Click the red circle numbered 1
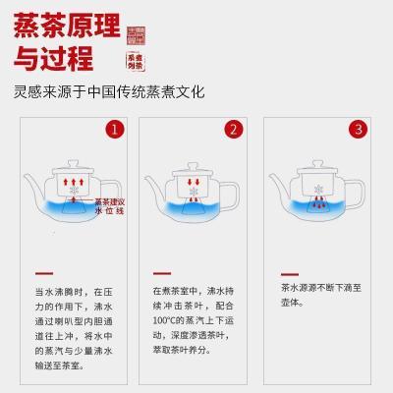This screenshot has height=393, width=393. point(115,129)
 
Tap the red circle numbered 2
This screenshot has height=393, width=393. point(233,129)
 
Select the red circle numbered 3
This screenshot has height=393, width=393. point(359,129)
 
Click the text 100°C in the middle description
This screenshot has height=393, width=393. point(166,320)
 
